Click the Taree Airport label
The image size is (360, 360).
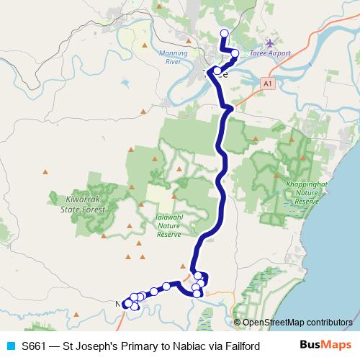[x=270, y=53]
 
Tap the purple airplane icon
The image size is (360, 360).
[x=270, y=43]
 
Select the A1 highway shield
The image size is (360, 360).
[x=268, y=84]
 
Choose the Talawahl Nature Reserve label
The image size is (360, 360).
[x=169, y=225]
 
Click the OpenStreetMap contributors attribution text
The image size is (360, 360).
[x=296, y=322]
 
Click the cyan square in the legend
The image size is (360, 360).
[x=10, y=346]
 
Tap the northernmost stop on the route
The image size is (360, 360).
[x=224, y=32]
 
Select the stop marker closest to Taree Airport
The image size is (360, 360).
[x=235, y=53]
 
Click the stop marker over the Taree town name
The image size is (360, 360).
[x=217, y=71]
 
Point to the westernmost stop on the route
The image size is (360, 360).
[x=127, y=304]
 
